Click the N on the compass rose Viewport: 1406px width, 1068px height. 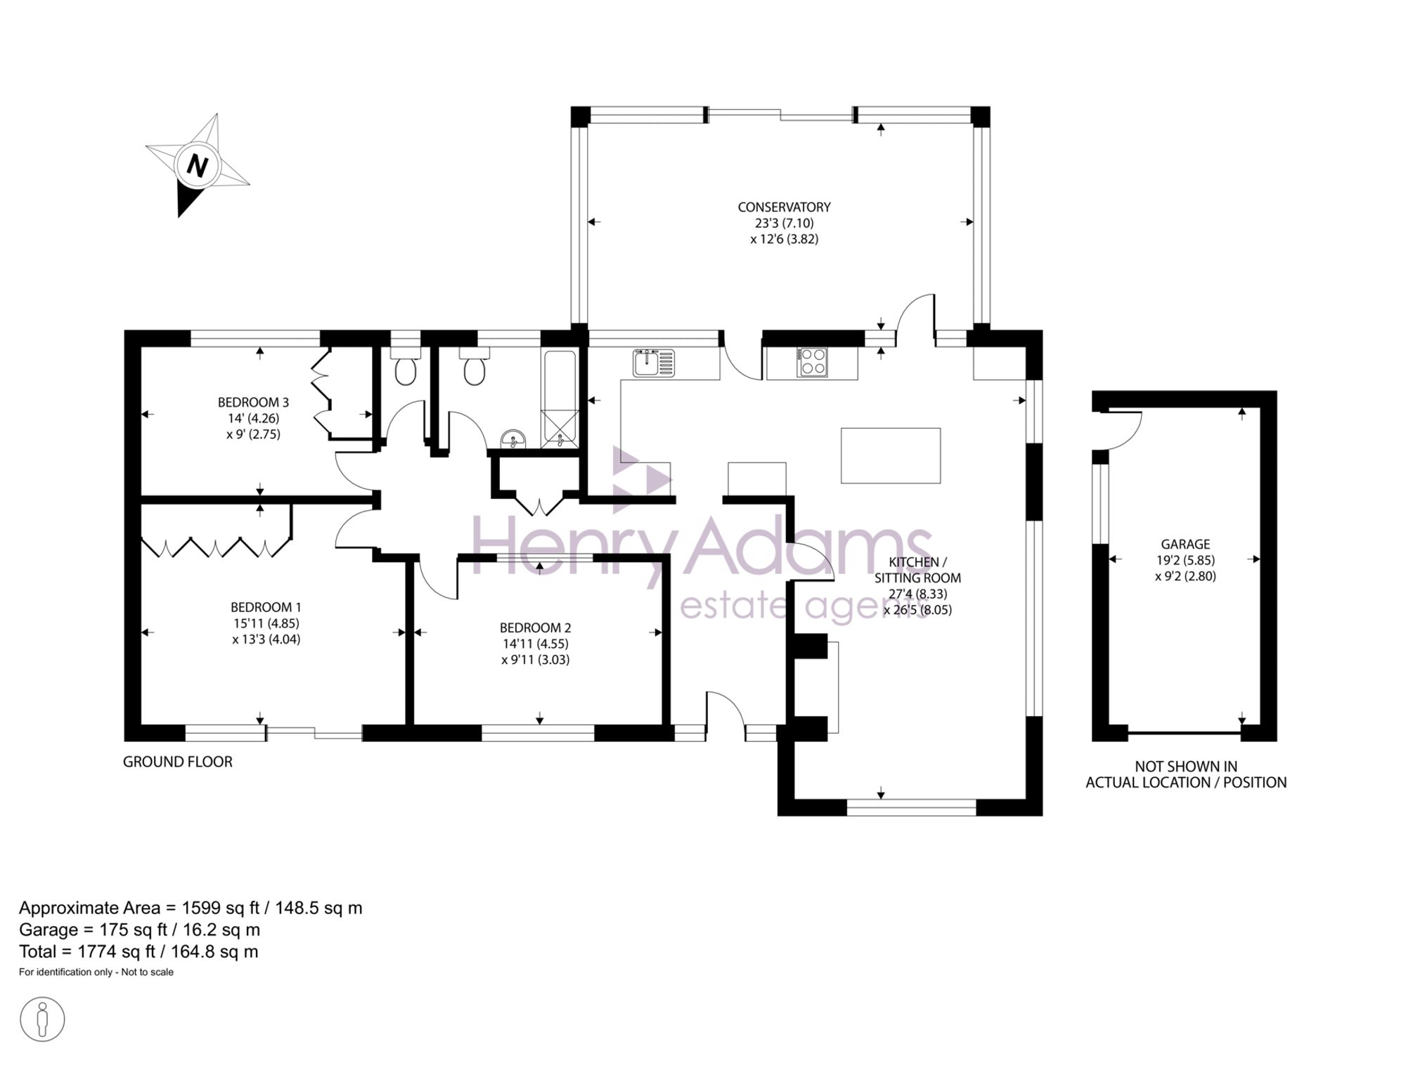(198, 167)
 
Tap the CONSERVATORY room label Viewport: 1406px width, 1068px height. (784, 207)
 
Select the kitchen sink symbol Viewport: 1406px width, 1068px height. (654, 363)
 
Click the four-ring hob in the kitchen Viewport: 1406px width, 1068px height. (813, 363)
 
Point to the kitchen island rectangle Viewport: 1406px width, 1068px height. (891, 455)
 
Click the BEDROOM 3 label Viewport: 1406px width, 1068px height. (253, 403)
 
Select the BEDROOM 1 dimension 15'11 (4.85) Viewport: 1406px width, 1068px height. (266, 623)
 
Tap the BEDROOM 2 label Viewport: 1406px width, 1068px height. (535, 628)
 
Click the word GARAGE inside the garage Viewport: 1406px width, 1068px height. (1185, 544)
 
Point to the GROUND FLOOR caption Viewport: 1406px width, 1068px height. (177, 762)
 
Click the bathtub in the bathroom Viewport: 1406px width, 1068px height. (560, 398)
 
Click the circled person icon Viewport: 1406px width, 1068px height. (42, 1019)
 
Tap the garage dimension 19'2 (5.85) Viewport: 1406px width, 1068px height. (1185, 561)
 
